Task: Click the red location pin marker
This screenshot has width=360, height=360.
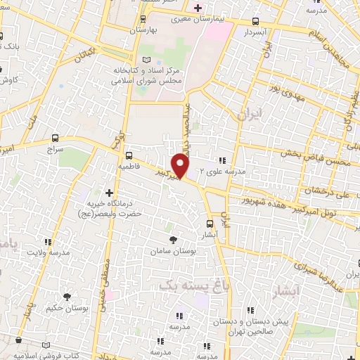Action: click(181, 165)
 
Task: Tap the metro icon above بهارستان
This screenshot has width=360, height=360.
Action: click(143, 19)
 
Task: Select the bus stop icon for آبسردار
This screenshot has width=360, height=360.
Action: click(255, 21)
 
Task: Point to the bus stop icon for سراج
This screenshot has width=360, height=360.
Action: click(56, 137)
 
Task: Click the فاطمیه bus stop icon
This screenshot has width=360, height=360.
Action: click(128, 155)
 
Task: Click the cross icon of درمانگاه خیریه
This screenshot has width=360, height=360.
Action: click(108, 192)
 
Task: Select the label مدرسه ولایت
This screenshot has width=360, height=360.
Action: click(49, 252)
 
